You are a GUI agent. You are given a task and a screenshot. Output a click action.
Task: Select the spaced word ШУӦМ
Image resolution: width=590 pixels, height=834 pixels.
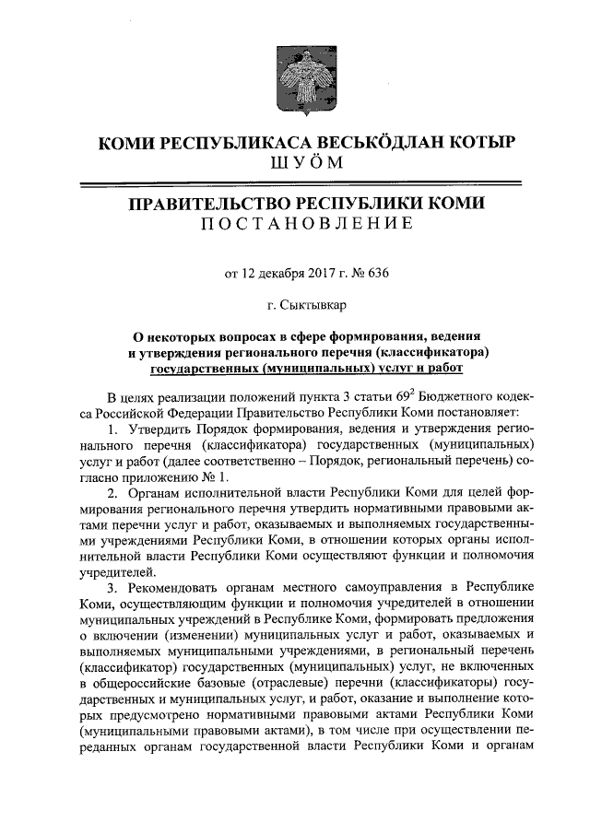294,163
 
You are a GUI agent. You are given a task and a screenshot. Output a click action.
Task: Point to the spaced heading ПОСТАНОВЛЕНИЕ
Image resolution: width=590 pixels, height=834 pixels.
294,224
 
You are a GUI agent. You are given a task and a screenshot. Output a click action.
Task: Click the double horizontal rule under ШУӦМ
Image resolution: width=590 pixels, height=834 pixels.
294,184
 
